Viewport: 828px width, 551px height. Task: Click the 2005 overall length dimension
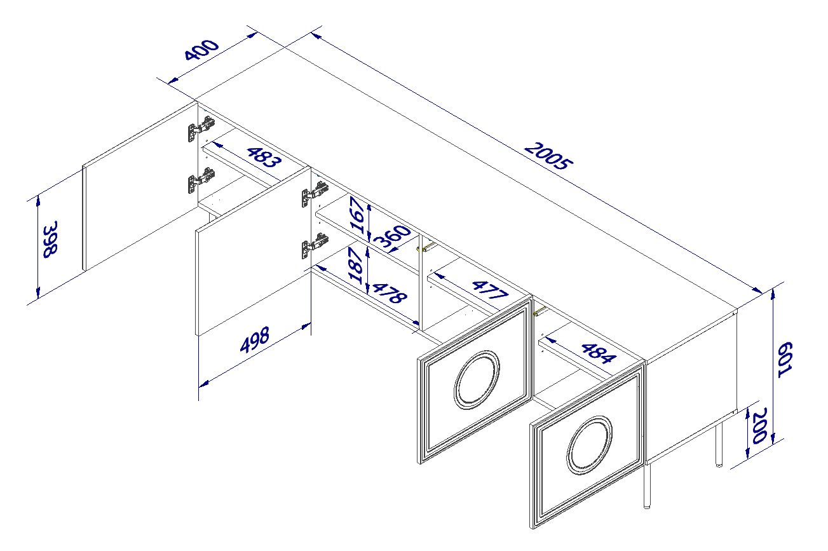click(548, 157)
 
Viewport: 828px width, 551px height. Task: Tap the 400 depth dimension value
click(201, 49)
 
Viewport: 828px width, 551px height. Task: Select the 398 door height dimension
click(50, 239)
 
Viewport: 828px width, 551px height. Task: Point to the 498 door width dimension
click(255, 339)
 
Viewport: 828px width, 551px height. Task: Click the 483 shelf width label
click(264, 157)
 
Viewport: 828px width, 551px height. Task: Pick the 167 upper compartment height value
click(357, 215)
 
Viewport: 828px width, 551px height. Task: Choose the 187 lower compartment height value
click(356, 266)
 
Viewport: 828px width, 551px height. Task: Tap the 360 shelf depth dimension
click(392, 237)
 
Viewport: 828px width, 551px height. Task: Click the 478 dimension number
click(390, 293)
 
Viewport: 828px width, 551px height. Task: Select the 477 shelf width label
click(490, 290)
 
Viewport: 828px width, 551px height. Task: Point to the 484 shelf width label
click(599, 353)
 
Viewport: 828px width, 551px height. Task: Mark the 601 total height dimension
click(784, 360)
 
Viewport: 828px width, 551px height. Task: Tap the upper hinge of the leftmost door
click(201, 128)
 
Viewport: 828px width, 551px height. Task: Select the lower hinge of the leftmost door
click(201, 180)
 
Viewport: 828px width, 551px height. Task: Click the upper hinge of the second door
click(315, 194)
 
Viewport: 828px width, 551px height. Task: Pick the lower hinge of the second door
click(315, 245)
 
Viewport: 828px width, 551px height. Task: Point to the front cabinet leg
click(646, 486)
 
